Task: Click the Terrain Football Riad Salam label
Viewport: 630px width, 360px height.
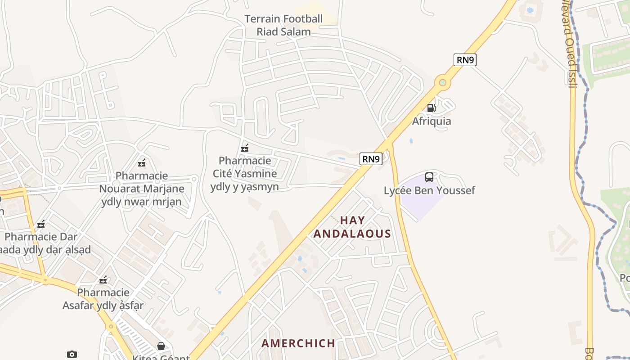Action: pyautogui.click(x=283, y=25)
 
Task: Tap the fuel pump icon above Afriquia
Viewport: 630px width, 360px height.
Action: pyautogui.click(x=431, y=108)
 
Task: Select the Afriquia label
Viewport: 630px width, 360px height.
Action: pyautogui.click(x=432, y=121)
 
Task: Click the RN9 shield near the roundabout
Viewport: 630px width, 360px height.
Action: pyautogui.click(x=465, y=60)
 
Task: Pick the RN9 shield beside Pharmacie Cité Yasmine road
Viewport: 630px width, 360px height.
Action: pyautogui.click(x=371, y=158)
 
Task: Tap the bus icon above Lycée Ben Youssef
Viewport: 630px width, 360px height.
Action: pyautogui.click(x=429, y=177)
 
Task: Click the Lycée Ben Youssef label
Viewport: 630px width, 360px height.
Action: pyautogui.click(x=429, y=190)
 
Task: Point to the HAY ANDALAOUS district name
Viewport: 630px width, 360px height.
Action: pyautogui.click(x=352, y=227)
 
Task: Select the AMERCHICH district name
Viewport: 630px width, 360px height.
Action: pyautogui.click(x=298, y=343)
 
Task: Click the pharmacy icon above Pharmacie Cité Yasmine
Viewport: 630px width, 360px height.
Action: pyautogui.click(x=245, y=148)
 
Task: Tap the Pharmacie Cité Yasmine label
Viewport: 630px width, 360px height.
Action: pyautogui.click(x=245, y=173)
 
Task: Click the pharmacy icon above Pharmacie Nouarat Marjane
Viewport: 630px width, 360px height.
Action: pyautogui.click(x=142, y=163)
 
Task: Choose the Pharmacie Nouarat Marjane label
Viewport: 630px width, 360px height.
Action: pyautogui.click(x=141, y=189)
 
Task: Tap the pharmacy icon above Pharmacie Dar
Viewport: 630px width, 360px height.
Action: pyautogui.click(x=41, y=224)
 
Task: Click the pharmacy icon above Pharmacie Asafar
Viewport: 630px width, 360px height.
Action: pyautogui.click(x=103, y=280)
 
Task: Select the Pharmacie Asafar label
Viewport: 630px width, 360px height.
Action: pyautogui.click(x=103, y=299)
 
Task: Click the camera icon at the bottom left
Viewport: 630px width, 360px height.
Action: pyautogui.click(x=72, y=355)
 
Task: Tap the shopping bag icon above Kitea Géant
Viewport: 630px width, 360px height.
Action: pyautogui.click(x=161, y=346)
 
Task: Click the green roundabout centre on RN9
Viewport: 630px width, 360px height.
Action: pyautogui.click(x=443, y=82)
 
